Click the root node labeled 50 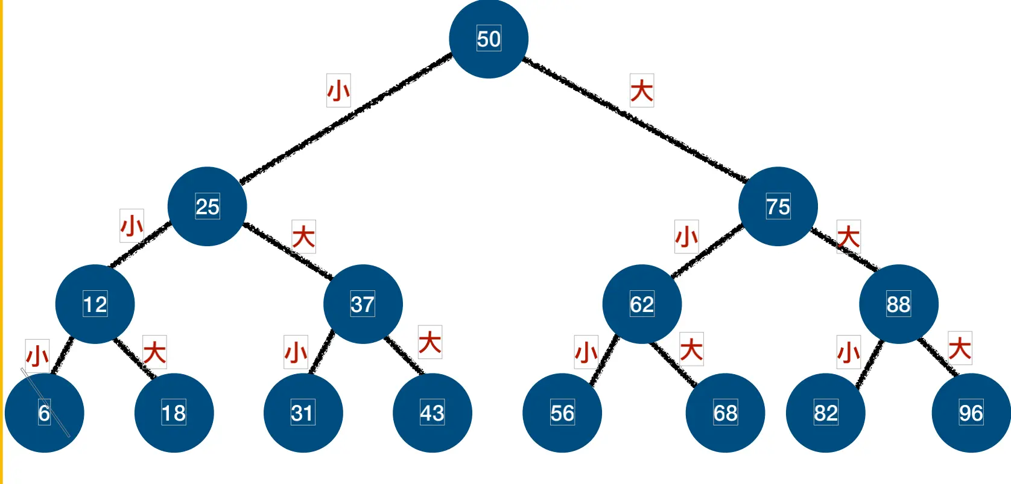(x=489, y=39)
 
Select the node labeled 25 (x=207, y=206)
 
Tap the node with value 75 (x=778, y=206)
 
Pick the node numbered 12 (x=95, y=304)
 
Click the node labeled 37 (x=363, y=304)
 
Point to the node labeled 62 (x=642, y=304)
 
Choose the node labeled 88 (x=898, y=304)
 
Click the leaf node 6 (x=44, y=413)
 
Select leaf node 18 (x=174, y=413)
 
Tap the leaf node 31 (x=303, y=413)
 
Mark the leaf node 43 (x=432, y=413)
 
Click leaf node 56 (x=562, y=413)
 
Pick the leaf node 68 (x=725, y=413)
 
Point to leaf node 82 (x=825, y=413)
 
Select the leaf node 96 (x=971, y=413)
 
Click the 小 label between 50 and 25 (x=338, y=91)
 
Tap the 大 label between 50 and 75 (x=642, y=91)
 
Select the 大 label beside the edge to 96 (x=960, y=348)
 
